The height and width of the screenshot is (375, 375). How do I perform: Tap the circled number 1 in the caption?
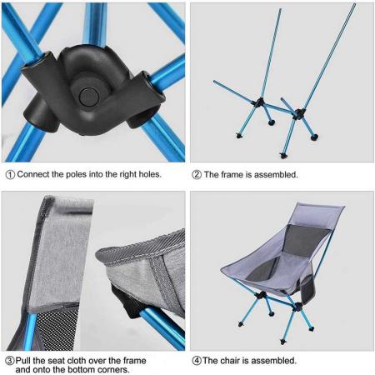(x=10, y=175)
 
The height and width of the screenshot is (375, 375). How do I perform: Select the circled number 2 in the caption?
(x=197, y=175)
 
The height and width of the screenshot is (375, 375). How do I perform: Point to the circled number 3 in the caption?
(x=10, y=361)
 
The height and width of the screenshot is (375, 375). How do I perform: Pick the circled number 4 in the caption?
(x=197, y=361)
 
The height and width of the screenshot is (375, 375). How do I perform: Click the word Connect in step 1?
(x=34, y=175)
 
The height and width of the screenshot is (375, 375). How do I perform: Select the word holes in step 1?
(x=147, y=175)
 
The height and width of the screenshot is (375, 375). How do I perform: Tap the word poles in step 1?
(x=77, y=175)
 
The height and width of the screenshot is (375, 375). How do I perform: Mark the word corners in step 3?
(x=111, y=370)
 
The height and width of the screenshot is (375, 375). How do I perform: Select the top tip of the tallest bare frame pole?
(x=353, y=6)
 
